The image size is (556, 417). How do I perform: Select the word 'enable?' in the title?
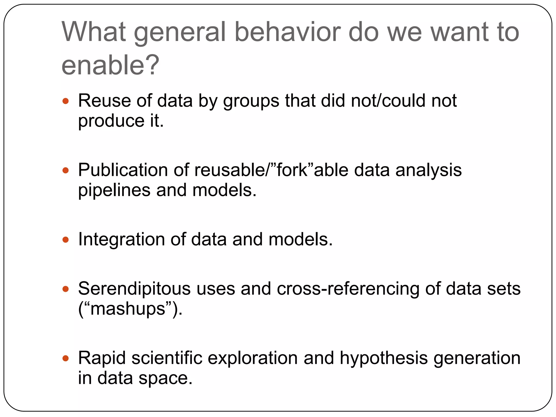(110, 65)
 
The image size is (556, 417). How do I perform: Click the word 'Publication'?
(123, 170)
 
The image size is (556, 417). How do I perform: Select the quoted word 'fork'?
(292, 170)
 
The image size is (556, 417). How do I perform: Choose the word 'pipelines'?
(114, 190)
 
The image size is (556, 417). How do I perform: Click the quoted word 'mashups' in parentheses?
(128, 309)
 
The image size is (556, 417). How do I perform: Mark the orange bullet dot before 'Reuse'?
(65, 101)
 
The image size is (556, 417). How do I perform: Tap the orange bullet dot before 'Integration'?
(65, 240)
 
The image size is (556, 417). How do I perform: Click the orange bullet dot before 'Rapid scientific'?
(65, 358)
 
